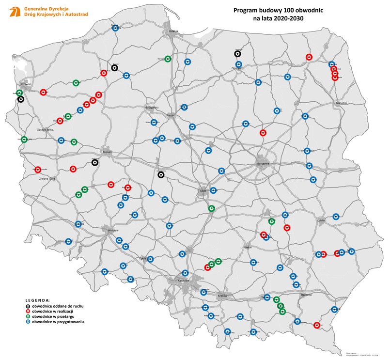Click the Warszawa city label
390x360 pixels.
click(x=263, y=164)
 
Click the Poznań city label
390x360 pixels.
click(x=107, y=152)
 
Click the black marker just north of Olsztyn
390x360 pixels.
click(x=238, y=54)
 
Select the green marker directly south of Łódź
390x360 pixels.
click(x=211, y=208)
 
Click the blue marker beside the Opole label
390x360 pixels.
click(x=150, y=259)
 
